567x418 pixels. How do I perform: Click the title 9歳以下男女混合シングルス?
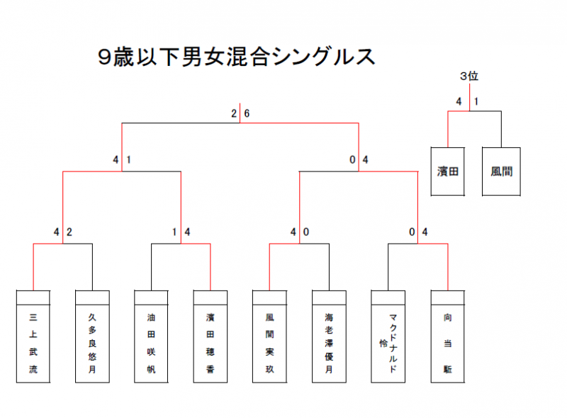237,57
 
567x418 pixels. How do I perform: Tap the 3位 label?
469,77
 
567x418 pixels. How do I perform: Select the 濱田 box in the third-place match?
448,171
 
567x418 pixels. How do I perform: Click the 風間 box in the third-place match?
501,171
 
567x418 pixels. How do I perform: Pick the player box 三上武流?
33,344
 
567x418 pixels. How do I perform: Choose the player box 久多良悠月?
92,344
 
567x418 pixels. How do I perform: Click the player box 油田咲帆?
151,344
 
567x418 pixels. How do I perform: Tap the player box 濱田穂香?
210,344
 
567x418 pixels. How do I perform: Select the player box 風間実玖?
270,344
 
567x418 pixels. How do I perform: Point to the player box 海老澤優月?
329,344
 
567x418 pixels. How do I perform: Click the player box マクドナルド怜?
388,344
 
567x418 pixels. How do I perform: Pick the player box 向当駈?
448,344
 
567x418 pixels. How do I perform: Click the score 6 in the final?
247,113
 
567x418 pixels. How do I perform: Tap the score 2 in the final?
234,113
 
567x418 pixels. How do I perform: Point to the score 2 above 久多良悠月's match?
69,232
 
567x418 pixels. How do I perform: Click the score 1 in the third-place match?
476,101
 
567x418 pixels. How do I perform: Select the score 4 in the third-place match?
459,101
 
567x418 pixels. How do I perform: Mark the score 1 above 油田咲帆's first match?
174,232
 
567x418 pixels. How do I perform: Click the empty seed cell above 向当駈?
448,298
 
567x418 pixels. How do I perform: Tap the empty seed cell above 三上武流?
33,298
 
